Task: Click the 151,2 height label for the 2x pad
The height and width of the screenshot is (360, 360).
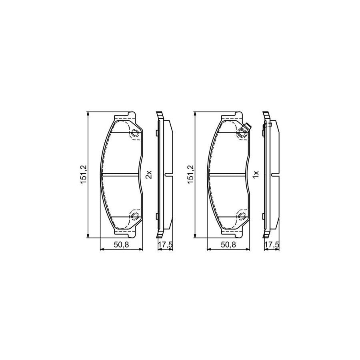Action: [83, 174]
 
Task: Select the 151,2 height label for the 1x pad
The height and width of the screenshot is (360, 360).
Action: [190, 174]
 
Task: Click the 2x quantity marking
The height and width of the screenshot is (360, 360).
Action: [148, 174]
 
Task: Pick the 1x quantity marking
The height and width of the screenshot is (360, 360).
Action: [256, 174]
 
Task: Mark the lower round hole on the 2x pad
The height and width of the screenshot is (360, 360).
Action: [134, 216]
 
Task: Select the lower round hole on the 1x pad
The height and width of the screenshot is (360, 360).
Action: [242, 216]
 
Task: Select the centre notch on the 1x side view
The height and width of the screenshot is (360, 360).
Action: [276, 174]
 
